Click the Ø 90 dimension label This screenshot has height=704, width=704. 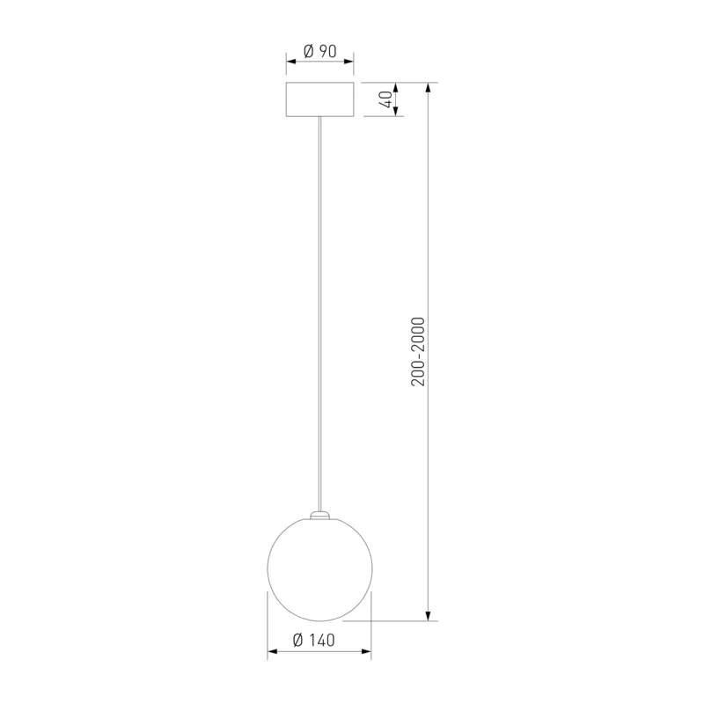tap(319, 51)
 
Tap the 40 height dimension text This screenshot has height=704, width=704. tap(386, 99)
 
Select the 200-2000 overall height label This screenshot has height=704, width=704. tap(417, 351)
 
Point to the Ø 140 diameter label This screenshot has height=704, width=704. tap(314, 640)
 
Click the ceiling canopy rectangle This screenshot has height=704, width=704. tap(319, 99)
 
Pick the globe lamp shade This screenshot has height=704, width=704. tap(319, 568)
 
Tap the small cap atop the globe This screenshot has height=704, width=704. tap(319, 515)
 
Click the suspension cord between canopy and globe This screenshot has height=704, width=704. tap(319, 313)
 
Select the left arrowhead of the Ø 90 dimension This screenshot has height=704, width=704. tap(291, 61)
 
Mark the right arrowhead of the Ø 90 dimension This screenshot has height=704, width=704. tap(348, 61)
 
